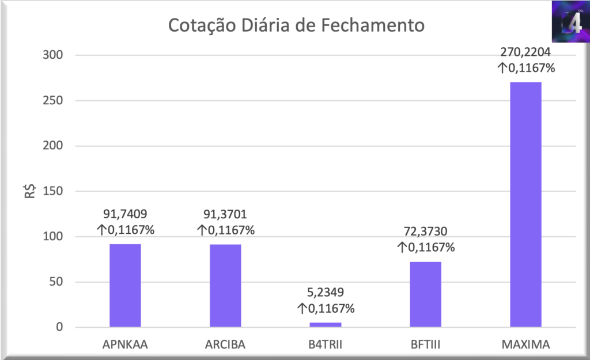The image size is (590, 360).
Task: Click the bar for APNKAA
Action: (x=125, y=286)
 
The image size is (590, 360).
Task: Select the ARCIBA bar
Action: (x=225, y=286)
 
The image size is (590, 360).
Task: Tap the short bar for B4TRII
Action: (x=326, y=325)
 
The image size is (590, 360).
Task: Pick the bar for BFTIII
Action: (x=426, y=294)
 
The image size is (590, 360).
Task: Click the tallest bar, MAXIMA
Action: (x=526, y=204)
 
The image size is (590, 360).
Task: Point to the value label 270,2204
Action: (x=526, y=53)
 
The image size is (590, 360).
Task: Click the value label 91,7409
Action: (x=125, y=215)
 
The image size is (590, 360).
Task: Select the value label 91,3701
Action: (x=225, y=215)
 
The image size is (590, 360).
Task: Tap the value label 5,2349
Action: (x=326, y=293)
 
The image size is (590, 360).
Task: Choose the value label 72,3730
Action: (x=426, y=233)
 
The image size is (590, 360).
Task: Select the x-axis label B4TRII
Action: (x=326, y=345)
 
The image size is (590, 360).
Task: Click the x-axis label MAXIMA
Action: (x=526, y=345)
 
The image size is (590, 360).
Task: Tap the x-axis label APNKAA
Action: (x=125, y=345)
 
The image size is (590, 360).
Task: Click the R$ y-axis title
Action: (x=31, y=191)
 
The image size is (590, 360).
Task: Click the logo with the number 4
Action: (x=569, y=22)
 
